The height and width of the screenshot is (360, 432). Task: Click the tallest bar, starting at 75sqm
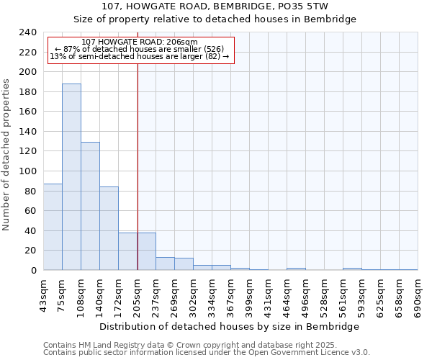tap(71, 177)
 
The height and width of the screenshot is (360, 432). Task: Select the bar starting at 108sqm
tap(90, 206)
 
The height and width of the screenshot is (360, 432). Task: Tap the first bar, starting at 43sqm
tap(53, 227)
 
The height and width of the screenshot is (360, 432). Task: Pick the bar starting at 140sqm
tap(109, 228)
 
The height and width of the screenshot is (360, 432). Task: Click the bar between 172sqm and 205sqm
tap(127, 251)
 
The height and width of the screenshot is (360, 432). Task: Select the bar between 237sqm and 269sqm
tap(165, 264)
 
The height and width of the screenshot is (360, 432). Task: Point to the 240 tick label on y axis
tap(27, 32)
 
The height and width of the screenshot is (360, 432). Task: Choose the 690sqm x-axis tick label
tap(418, 296)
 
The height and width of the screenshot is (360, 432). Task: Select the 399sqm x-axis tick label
tap(250, 296)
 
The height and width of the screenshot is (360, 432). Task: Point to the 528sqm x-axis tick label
tap(325, 296)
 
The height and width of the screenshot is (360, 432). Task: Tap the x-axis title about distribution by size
tap(230, 327)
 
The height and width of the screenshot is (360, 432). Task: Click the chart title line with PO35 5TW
tap(215, 6)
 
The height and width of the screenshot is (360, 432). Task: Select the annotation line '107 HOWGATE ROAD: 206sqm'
tap(140, 42)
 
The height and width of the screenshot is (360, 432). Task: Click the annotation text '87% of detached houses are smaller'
tap(140, 49)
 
